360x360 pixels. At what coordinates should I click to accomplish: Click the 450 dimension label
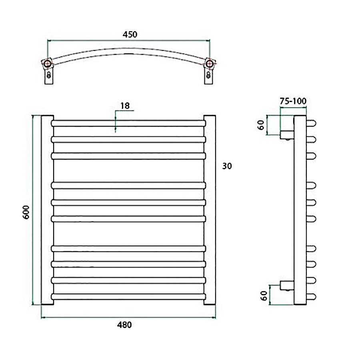tap(130, 34)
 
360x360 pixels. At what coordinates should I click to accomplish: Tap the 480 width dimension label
tap(124, 325)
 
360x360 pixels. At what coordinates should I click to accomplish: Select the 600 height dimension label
tap(26, 212)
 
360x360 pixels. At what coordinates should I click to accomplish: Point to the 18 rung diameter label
tap(125, 106)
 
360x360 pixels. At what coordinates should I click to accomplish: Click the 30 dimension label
tap(227, 166)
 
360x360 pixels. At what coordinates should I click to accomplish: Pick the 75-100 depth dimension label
tap(293, 101)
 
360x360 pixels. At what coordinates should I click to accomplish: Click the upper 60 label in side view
tap(261, 125)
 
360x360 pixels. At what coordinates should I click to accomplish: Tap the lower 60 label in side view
tap(264, 296)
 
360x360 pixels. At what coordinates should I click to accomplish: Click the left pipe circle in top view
tap(48, 64)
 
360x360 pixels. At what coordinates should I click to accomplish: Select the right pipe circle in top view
tap(209, 64)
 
